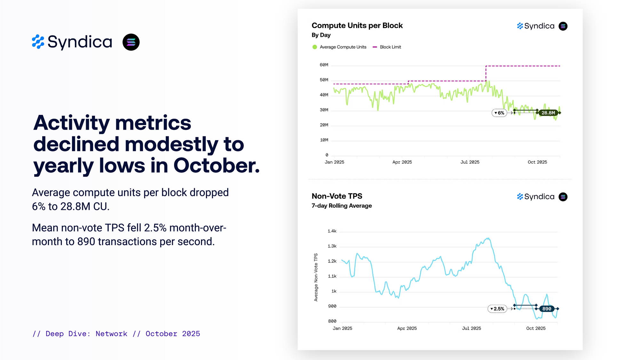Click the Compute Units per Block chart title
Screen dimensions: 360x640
pos(357,26)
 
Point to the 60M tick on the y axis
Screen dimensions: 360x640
pos(324,65)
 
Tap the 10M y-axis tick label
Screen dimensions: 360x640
pos(324,140)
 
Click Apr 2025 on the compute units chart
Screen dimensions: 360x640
pos(402,162)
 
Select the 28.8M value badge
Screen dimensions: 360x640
pos(548,113)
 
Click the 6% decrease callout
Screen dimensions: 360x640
pos(499,113)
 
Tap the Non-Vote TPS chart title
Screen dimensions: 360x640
pos(337,196)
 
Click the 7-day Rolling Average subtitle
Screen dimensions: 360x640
pos(341,206)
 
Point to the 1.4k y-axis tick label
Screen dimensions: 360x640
pos(332,231)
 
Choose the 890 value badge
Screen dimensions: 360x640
pos(547,309)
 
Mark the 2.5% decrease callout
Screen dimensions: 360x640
pos(497,309)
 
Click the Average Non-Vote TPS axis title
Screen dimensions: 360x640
pos(316,277)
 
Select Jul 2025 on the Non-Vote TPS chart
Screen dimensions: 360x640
pos(471,328)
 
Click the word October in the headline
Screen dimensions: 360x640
pos(216,166)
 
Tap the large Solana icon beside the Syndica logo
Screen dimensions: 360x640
pos(131,42)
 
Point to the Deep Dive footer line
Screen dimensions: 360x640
pos(116,334)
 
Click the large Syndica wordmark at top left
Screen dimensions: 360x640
pos(80,42)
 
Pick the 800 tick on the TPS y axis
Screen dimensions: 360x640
pos(332,321)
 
